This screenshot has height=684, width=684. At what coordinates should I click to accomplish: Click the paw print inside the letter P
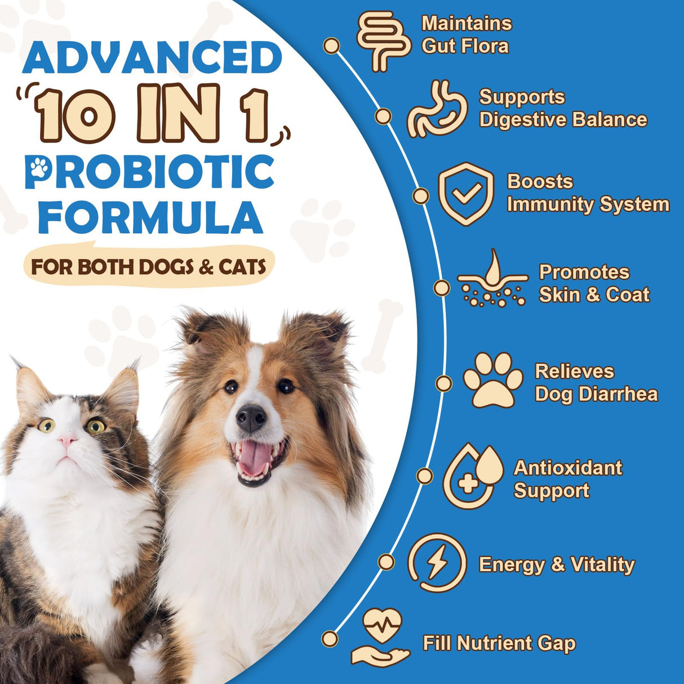(39, 167)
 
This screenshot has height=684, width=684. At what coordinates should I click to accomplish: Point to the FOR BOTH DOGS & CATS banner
(149, 266)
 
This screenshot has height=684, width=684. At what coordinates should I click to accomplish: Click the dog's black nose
(251, 418)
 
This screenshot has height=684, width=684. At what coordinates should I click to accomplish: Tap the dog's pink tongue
(256, 458)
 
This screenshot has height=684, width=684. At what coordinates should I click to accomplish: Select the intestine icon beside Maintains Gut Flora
(383, 41)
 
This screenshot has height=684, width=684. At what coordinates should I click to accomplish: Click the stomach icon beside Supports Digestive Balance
(437, 109)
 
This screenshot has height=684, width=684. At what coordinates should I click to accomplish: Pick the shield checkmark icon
(466, 194)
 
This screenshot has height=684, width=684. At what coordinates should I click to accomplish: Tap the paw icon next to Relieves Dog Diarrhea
(493, 380)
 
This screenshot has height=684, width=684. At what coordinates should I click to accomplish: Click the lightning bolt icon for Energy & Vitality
(437, 563)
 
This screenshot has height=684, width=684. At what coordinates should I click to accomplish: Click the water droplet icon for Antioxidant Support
(473, 476)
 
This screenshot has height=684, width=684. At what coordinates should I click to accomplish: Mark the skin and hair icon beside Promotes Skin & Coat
(492, 279)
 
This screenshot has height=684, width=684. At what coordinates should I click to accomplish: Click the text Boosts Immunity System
(587, 193)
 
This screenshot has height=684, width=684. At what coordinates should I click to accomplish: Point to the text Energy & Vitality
(556, 564)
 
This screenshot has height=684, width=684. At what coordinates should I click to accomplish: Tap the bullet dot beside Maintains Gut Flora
(332, 46)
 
